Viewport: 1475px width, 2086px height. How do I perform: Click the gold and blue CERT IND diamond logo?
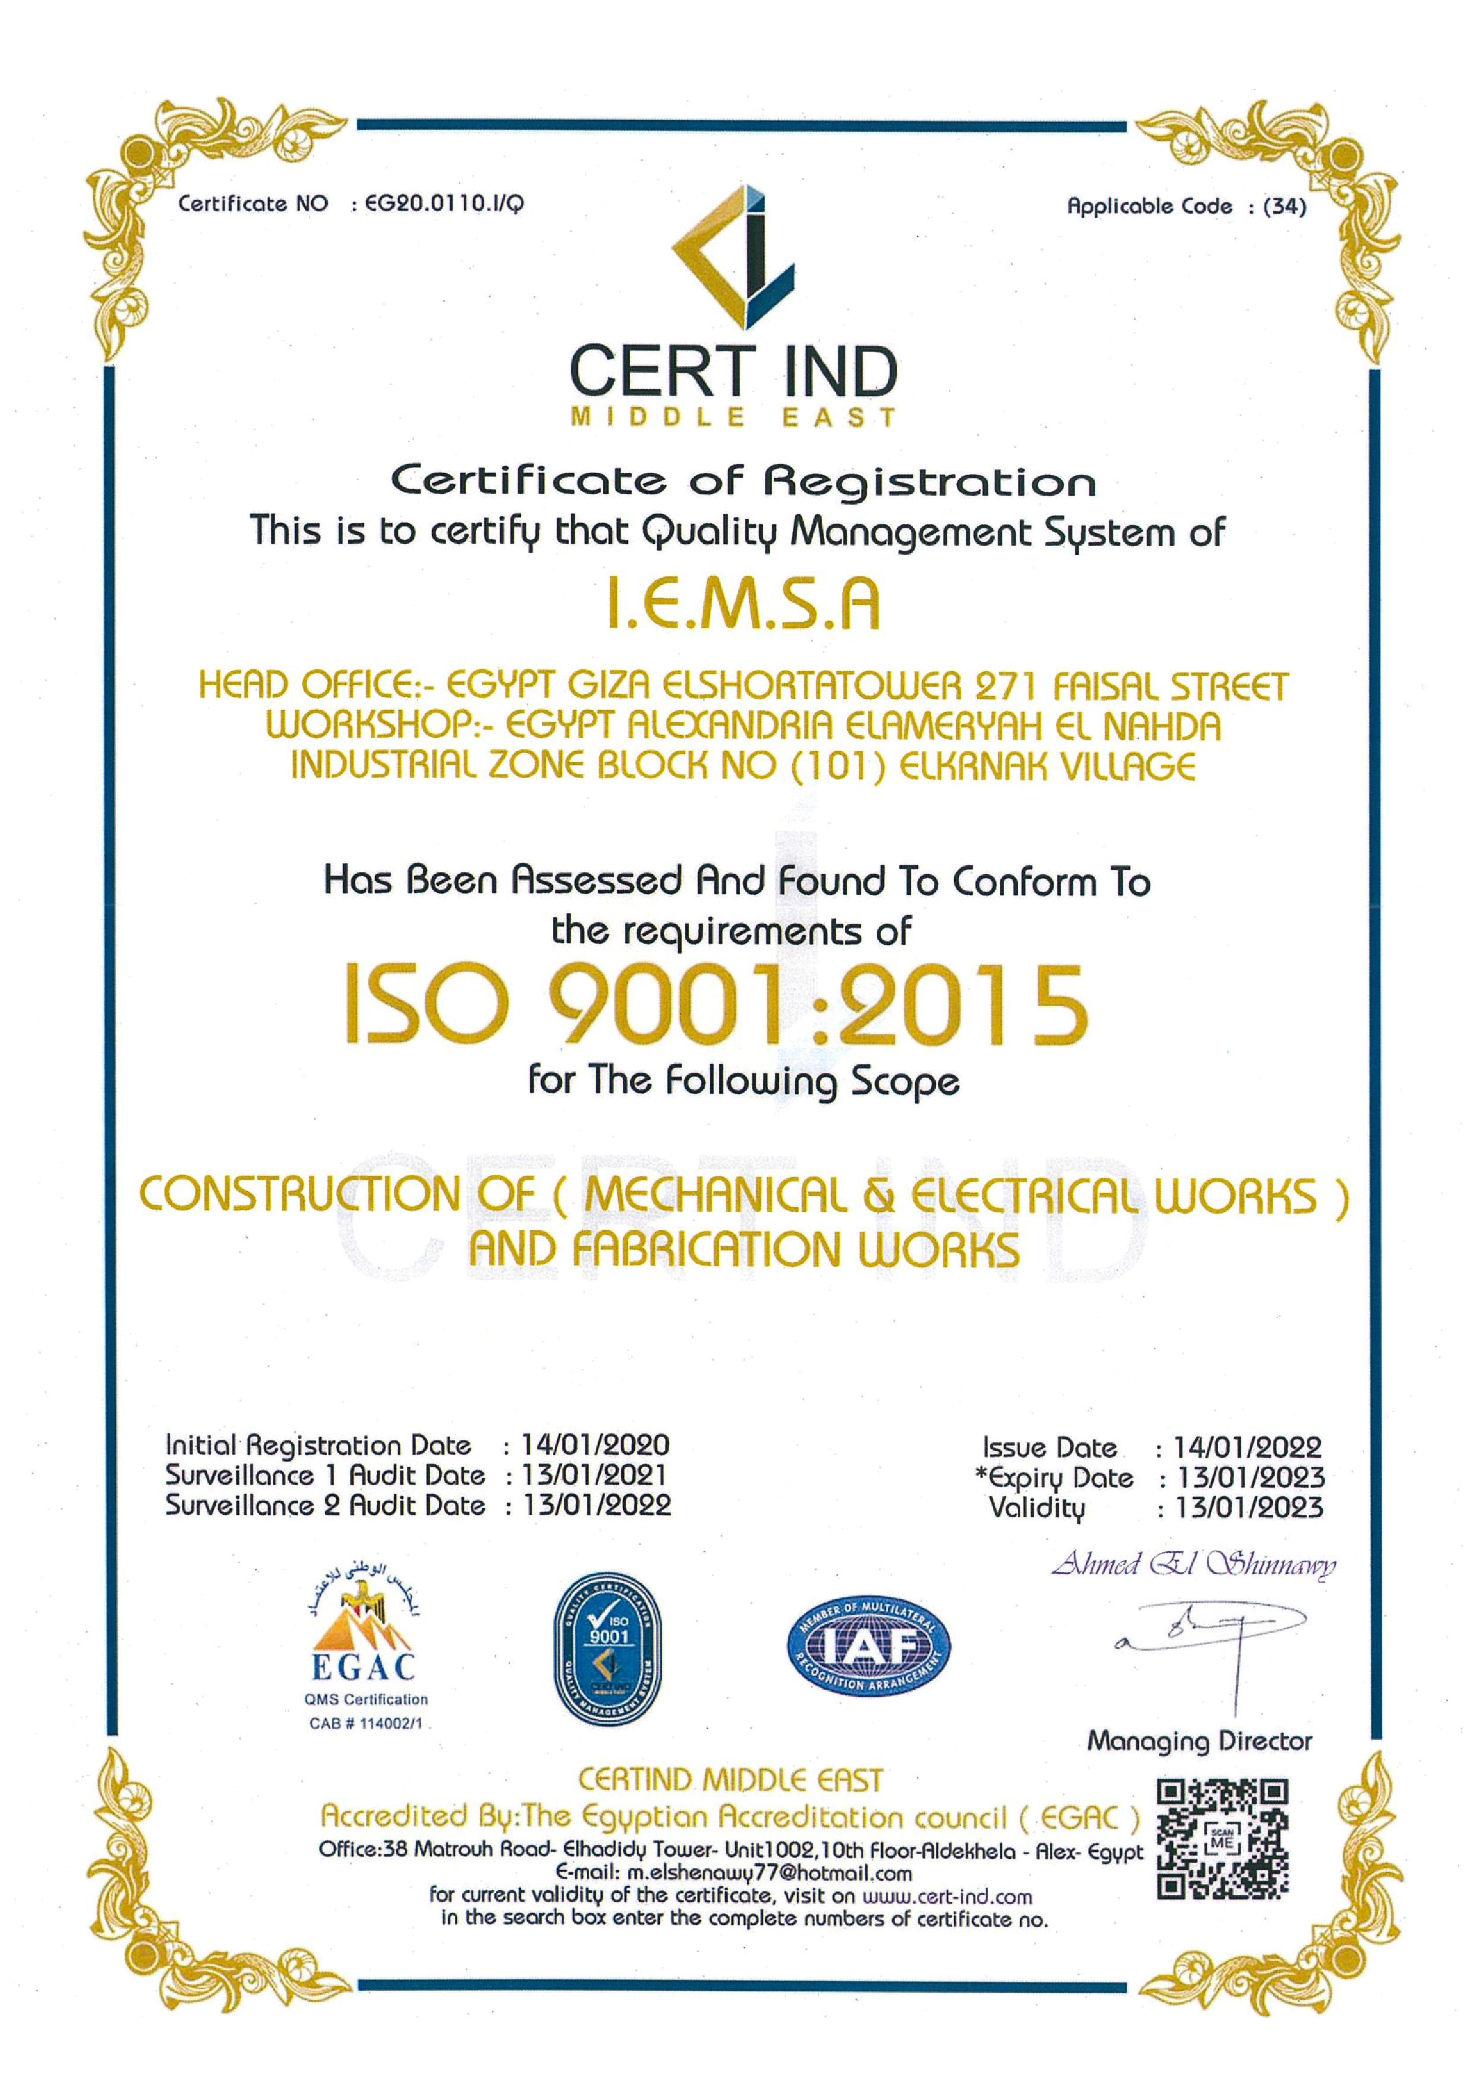[x=734, y=257]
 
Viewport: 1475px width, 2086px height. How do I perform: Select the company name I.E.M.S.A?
[x=743, y=606]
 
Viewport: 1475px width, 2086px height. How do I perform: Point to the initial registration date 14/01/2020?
[x=595, y=1445]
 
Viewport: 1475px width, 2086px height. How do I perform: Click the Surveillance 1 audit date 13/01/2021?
[x=595, y=1474]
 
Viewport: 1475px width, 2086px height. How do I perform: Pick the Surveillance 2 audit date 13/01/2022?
[x=596, y=1505]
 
